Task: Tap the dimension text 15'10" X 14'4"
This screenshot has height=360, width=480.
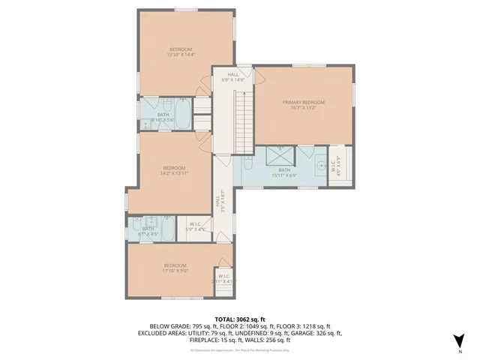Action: pos(180,54)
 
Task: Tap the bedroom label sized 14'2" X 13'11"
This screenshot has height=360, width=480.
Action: pos(174,170)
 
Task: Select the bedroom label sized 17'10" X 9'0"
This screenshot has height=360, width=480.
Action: pos(175,267)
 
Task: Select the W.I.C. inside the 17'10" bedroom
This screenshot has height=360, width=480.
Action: pos(224,278)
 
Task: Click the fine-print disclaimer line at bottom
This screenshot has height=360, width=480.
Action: pos(240,349)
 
